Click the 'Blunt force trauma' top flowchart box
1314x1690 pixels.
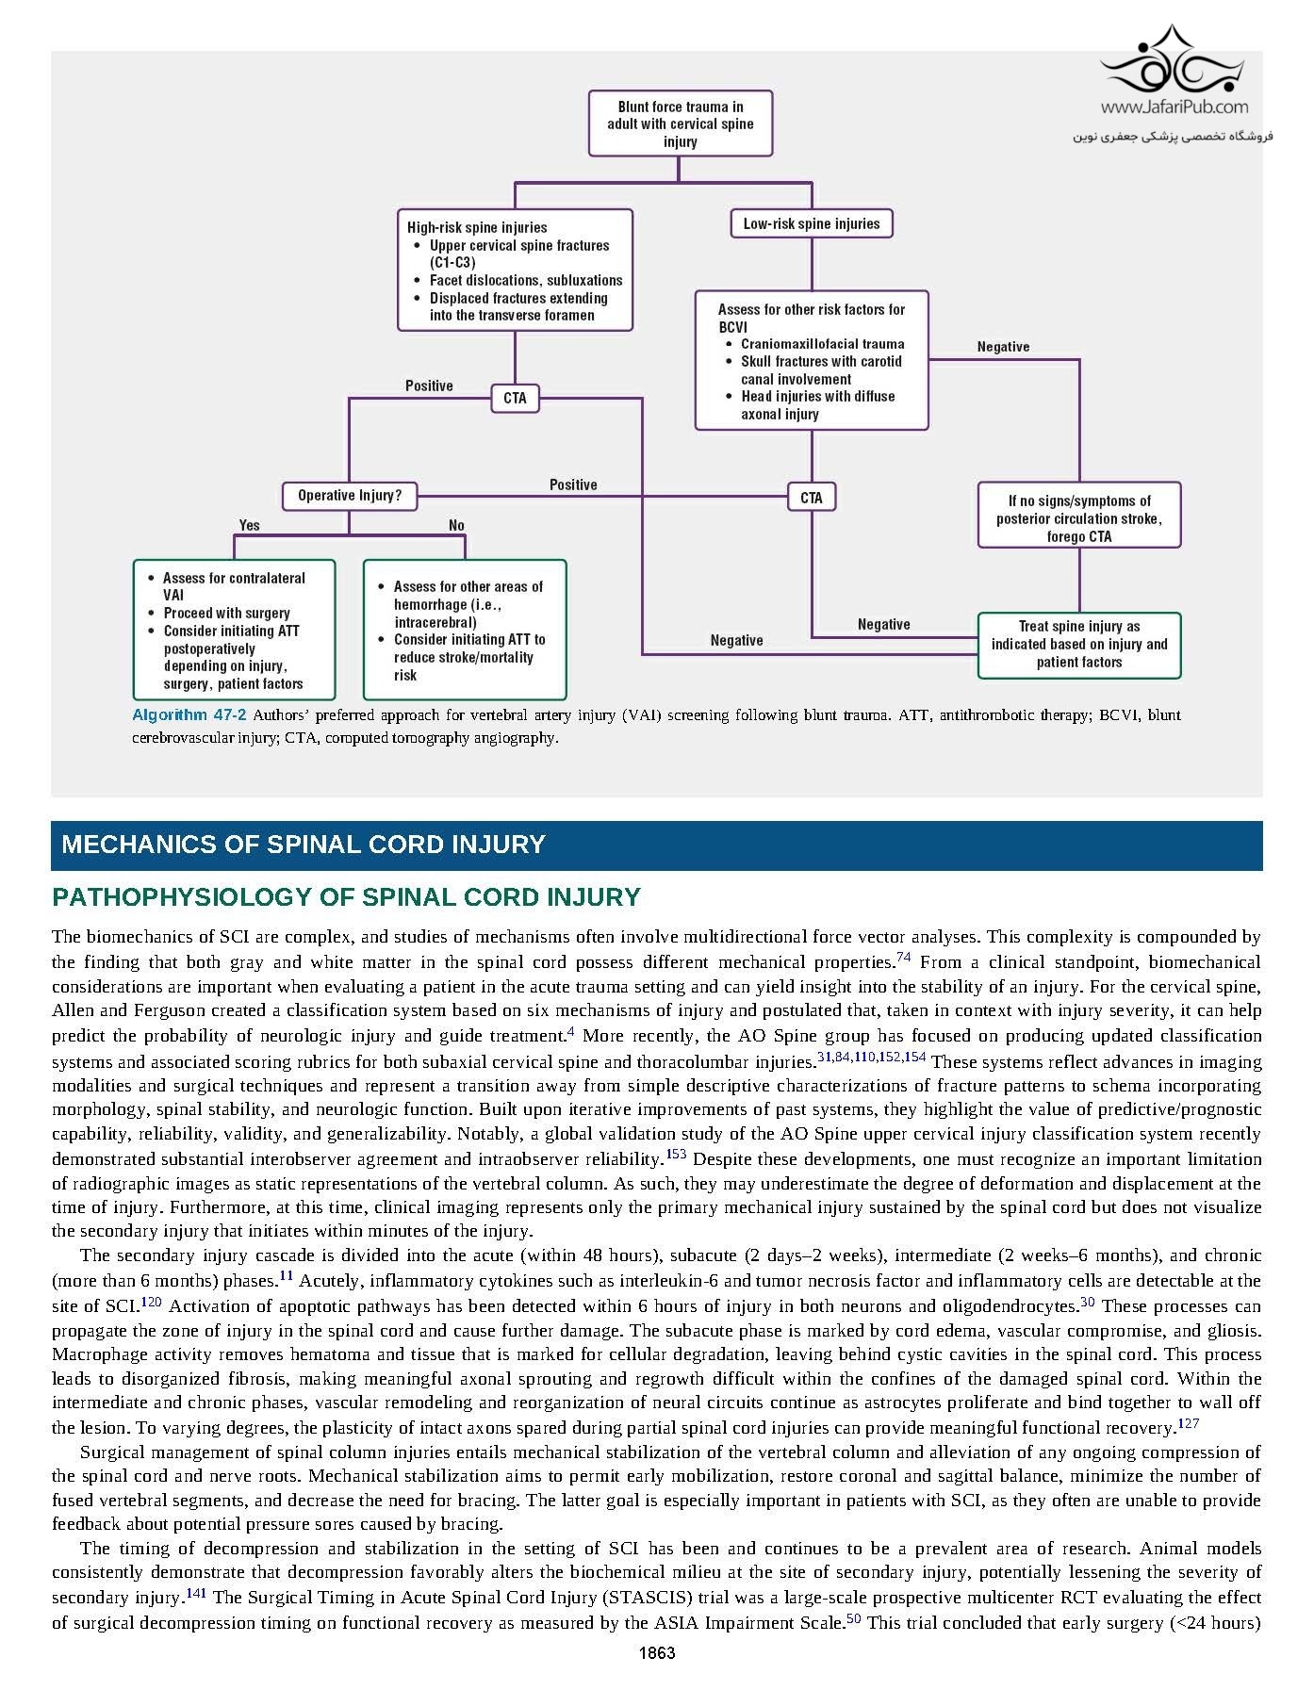coord(680,123)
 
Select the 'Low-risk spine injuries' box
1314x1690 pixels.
coord(811,223)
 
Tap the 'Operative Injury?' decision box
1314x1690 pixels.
coord(349,495)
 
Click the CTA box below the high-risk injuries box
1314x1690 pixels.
coord(515,398)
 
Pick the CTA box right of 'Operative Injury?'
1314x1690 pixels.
coord(811,497)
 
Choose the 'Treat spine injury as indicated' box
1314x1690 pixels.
coord(1078,645)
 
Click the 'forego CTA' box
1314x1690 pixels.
coord(1078,518)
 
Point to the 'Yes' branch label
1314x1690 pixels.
coord(249,525)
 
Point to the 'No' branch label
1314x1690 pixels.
coord(456,525)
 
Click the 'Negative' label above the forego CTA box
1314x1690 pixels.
coord(1003,347)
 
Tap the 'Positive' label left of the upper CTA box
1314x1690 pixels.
coord(429,386)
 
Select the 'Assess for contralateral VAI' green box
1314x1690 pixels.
coord(234,630)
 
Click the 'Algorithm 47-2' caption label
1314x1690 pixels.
coord(189,715)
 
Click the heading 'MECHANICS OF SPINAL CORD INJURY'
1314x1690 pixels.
coord(304,845)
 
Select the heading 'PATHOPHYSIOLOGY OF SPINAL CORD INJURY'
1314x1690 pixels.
coord(346,897)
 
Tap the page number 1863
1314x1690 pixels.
coord(657,1652)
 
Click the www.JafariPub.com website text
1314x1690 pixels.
coord(1174,107)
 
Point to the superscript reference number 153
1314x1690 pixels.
coord(676,1154)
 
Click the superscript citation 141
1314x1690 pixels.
coord(196,1592)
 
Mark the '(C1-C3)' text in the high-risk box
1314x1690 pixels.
coord(452,263)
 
